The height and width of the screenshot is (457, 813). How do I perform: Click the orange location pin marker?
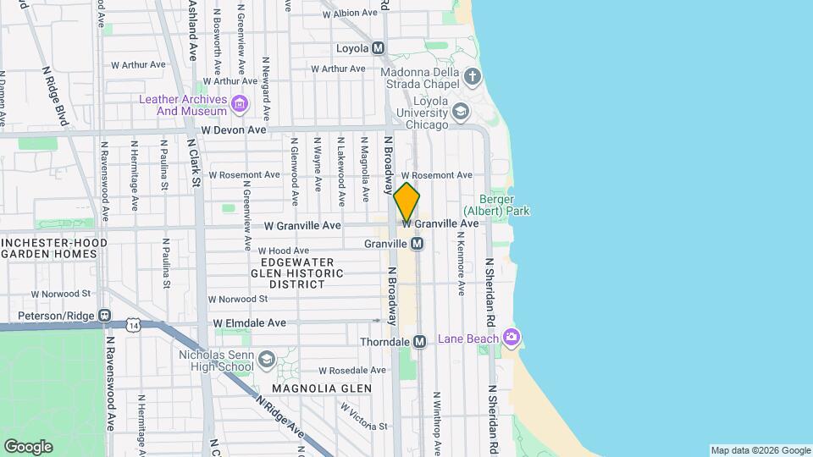(x=406, y=202)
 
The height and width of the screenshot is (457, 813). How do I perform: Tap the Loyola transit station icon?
(x=378, y=48)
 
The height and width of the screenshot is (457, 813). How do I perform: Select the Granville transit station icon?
(x=417, y=244)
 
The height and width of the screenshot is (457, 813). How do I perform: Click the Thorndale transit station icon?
(x=419, y=341)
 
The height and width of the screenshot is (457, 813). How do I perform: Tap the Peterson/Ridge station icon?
(x=104, y=316)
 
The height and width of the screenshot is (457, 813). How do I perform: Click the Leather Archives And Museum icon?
(x=240, y=105)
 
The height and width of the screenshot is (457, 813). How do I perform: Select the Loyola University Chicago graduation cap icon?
(x=460, y=111)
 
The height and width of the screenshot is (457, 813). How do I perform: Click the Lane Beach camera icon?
(x=511, y=339)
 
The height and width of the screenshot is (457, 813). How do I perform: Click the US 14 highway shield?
(x=132, y=324)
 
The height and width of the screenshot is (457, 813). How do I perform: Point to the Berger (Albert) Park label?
(x=496, y=204)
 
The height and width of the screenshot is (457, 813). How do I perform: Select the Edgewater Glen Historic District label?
(x=298, y=273)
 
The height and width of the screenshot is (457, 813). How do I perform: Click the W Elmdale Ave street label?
(x=249, y=323)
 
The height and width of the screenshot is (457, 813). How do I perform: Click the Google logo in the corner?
(x=28, y=446)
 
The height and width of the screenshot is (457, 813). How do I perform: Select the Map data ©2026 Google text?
(x=760, y=450)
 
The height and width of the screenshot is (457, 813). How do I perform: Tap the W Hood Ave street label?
(x=284, y=251)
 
